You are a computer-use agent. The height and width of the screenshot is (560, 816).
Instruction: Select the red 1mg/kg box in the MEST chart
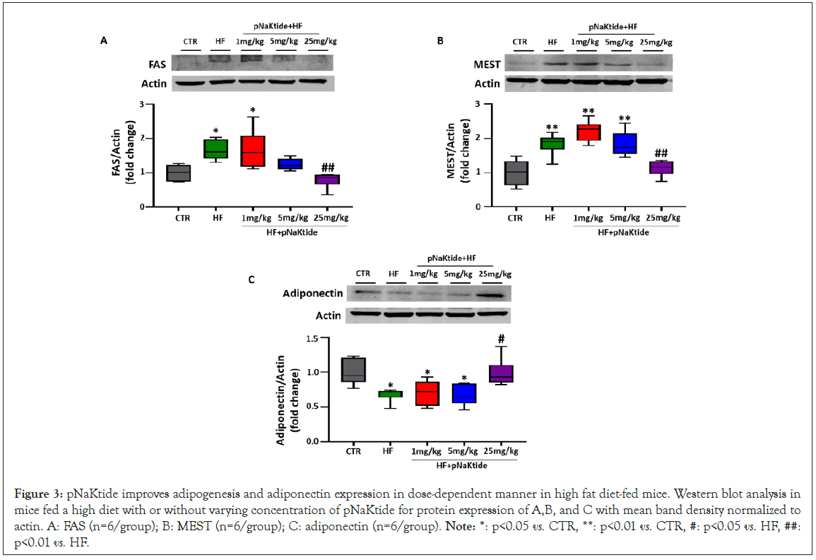[x=588, y=132]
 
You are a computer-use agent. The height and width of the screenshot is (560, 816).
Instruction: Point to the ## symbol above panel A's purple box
[x=328, y=168]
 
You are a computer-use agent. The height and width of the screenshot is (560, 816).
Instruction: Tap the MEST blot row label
[x=487, y=64]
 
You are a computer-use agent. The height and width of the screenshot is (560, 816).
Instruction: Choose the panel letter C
[x=252, y=280]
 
